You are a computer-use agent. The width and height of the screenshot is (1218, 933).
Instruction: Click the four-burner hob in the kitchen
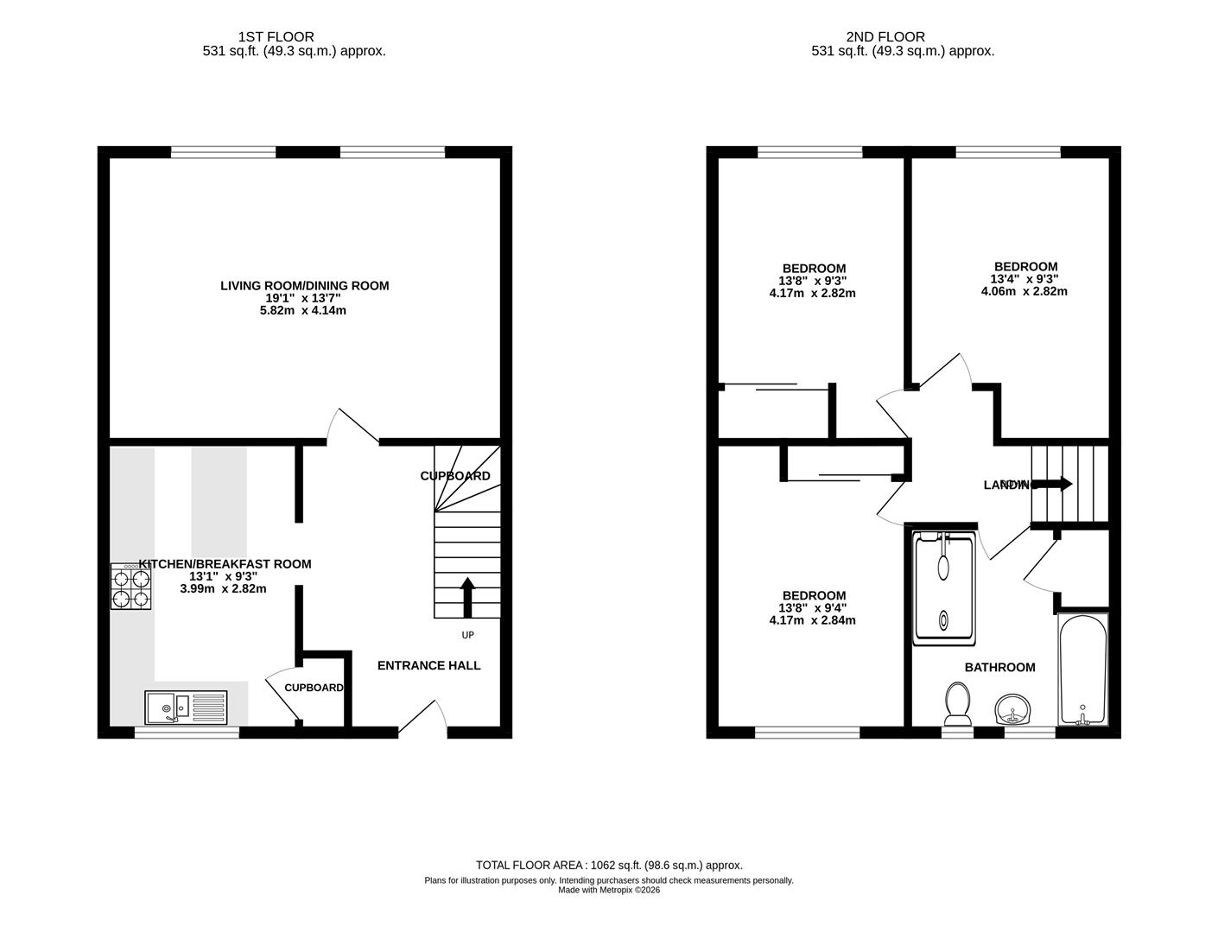coord(131,587)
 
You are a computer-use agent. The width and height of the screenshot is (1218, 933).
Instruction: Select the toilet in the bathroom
coord(956,703)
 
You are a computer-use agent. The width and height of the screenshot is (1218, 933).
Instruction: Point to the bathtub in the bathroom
coord(1082,670)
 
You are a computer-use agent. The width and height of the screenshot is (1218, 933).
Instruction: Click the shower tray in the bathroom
coord(944,588)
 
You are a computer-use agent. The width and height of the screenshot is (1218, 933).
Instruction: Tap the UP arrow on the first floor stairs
coord(467,597)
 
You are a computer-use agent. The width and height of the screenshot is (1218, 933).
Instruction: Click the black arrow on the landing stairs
coord(1053,484)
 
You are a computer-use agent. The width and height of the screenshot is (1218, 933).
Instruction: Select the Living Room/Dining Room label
coord(304,286)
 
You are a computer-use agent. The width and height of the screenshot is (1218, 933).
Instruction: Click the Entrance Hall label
coord(428,665)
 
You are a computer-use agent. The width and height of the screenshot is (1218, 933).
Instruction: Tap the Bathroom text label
coord(999,667)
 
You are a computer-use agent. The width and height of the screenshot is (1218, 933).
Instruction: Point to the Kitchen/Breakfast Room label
coord(225,564)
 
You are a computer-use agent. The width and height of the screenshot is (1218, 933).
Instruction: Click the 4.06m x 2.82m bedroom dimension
coord(1024,291)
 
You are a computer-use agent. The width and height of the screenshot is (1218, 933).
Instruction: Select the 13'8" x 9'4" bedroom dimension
coord(812,608)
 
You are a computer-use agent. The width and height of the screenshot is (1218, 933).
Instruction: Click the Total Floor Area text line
coord(609,865)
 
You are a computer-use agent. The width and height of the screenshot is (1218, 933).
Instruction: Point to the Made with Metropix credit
coord(609,890)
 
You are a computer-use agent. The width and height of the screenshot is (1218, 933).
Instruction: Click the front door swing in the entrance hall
coord(423,719)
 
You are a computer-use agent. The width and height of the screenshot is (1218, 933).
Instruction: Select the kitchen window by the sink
coord(187,733)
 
